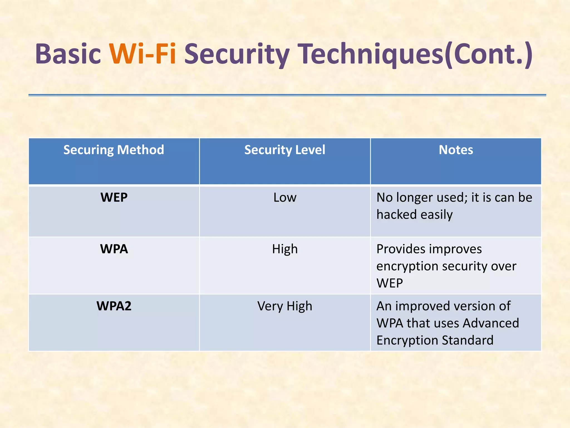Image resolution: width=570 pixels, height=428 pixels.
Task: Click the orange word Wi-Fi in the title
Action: tap(142, 54)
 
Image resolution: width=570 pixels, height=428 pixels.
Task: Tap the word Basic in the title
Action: tap(68, 54)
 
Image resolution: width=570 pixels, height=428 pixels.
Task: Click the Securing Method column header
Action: tap(114, 150)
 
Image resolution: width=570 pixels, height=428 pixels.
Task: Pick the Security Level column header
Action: tap(284, 150)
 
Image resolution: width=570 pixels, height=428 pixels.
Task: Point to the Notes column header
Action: tap(456, 150)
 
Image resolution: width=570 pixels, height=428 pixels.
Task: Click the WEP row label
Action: tap(114, 198)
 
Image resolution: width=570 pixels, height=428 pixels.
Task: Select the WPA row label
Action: tap(114, 249)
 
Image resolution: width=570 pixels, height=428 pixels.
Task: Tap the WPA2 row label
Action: tap(114, 306)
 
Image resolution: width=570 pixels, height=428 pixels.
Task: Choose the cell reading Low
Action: tap(285, 198)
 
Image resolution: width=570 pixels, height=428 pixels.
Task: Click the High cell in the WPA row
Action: tap(285, 249)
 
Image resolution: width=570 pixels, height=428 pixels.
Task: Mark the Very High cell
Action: tap(284, 306)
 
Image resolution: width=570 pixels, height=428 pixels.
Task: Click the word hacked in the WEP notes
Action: tap(396, 215)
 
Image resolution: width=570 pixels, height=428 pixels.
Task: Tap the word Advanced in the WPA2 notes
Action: tap(491, 323)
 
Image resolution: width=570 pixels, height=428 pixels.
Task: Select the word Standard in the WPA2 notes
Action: tap(467, 340)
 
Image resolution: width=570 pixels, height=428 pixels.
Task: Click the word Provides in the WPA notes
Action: tap(401, 249)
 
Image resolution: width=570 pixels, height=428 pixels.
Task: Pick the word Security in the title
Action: tap(237, 54)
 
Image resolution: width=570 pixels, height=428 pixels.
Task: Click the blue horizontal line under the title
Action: tap(287, 95)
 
